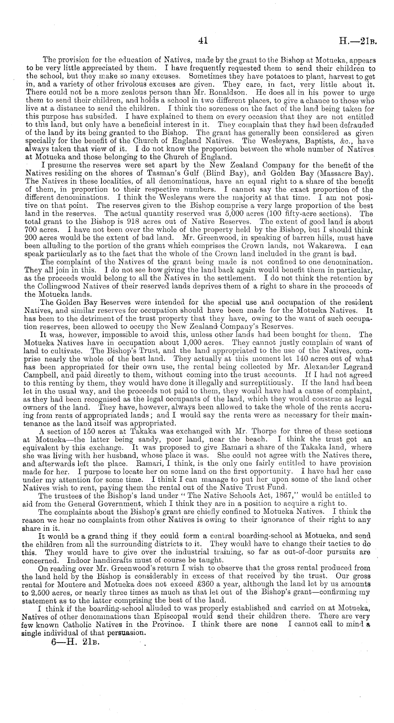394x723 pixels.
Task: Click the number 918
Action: coord(134,222)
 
